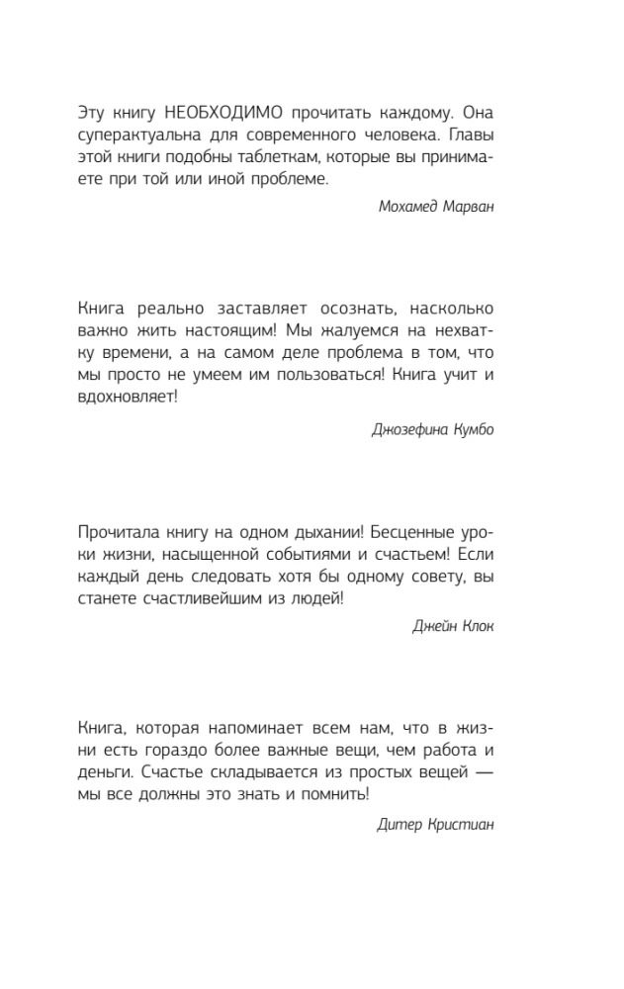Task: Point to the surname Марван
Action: pyautogui.click(x=466, y=206)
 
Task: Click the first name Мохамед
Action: pyautogui.click(x=406, y=206)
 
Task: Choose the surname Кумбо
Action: pyautogui.click(x=473, y=429)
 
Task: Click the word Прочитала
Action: pyautogui.click(x=117, y=531)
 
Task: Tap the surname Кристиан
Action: pyautogui.click(x=460, y=825)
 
